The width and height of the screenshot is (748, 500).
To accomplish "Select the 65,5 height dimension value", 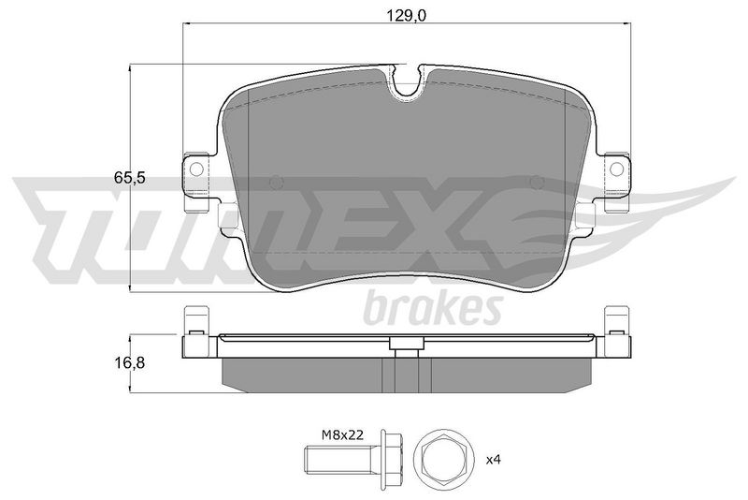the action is click(x=129, y=178).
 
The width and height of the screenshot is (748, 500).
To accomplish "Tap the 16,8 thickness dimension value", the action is click(x=129, y=363).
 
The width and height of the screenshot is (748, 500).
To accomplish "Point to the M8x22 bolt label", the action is click(x=342, y=435).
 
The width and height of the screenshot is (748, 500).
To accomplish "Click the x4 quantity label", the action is click(x=494, y=461).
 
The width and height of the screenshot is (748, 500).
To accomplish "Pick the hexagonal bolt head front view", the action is click(x=445, y=460).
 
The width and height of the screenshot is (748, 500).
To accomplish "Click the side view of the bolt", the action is click(x=353, y=460).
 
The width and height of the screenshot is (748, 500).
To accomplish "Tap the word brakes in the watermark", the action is click(x=433, y=308).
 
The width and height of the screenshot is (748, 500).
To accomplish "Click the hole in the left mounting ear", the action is click(x=196, y=169).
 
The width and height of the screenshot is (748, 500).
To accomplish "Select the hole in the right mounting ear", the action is click(x=617, y=169).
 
